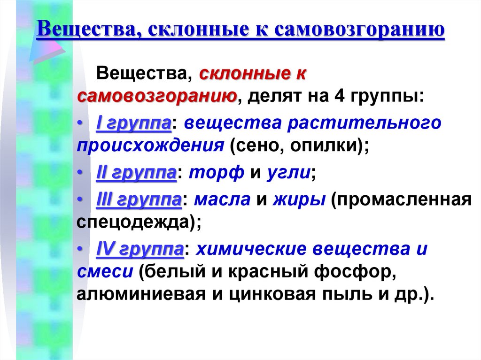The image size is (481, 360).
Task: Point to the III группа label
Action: coord(139,199)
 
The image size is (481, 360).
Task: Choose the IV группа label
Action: coord(140,249)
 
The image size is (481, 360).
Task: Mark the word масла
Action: coord(222,199)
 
